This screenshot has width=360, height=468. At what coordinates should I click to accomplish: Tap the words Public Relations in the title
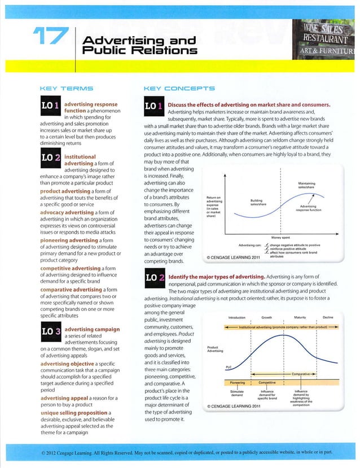139,51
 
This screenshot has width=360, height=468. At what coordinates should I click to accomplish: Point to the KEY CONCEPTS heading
179,89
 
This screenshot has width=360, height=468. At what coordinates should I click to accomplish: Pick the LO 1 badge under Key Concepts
154,107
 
